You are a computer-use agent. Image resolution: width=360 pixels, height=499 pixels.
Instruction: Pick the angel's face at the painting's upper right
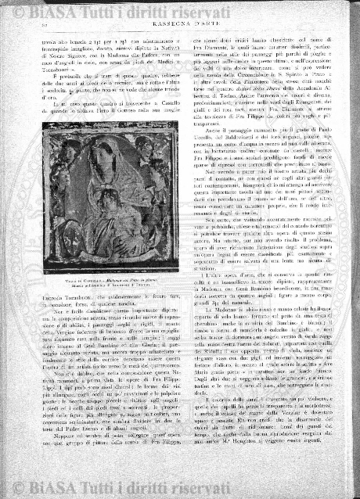[149, 159]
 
